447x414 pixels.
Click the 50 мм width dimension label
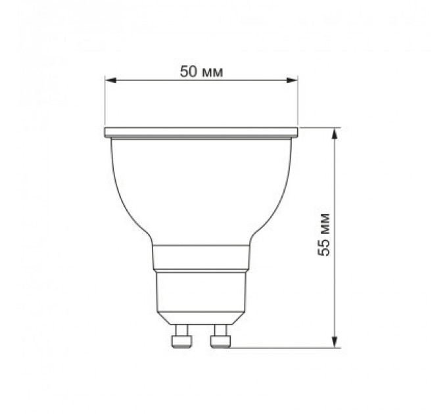point(202,72)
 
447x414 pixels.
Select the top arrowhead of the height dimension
point(336,133)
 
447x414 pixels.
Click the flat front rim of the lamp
point(202,132)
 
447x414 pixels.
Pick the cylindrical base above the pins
point(202,296)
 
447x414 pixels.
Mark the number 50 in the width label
point(189,72)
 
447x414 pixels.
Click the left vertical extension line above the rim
point(105,102)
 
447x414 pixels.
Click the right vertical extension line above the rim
point(298,102)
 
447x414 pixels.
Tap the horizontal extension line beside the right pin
point(283,346)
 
